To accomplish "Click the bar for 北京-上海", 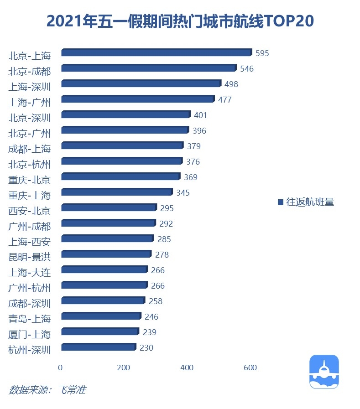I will tap(156, 53).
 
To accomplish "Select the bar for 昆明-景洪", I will tap(106, 254).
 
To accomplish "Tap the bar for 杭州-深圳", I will tap(99, 347).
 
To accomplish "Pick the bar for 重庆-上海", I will tap(117, 192).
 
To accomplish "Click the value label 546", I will tap(246, 69).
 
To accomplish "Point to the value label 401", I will tap(200, 115).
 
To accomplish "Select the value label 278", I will tap(162, 254).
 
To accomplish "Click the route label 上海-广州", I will tap(30, 102).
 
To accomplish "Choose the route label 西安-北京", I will tap(30, 211).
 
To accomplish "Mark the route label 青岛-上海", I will tap(30, 319).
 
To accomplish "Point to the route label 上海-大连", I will tap(30, 272).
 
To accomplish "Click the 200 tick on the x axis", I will tap(124, 368).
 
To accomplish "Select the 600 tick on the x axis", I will tap(250, 368).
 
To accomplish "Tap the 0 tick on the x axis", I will tap(60, 368).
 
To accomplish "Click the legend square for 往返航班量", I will tap(281, 202).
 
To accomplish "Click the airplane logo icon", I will tap(324, 372).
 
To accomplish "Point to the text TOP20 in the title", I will tap(289, 21).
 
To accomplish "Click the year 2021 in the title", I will tap(61, 21).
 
